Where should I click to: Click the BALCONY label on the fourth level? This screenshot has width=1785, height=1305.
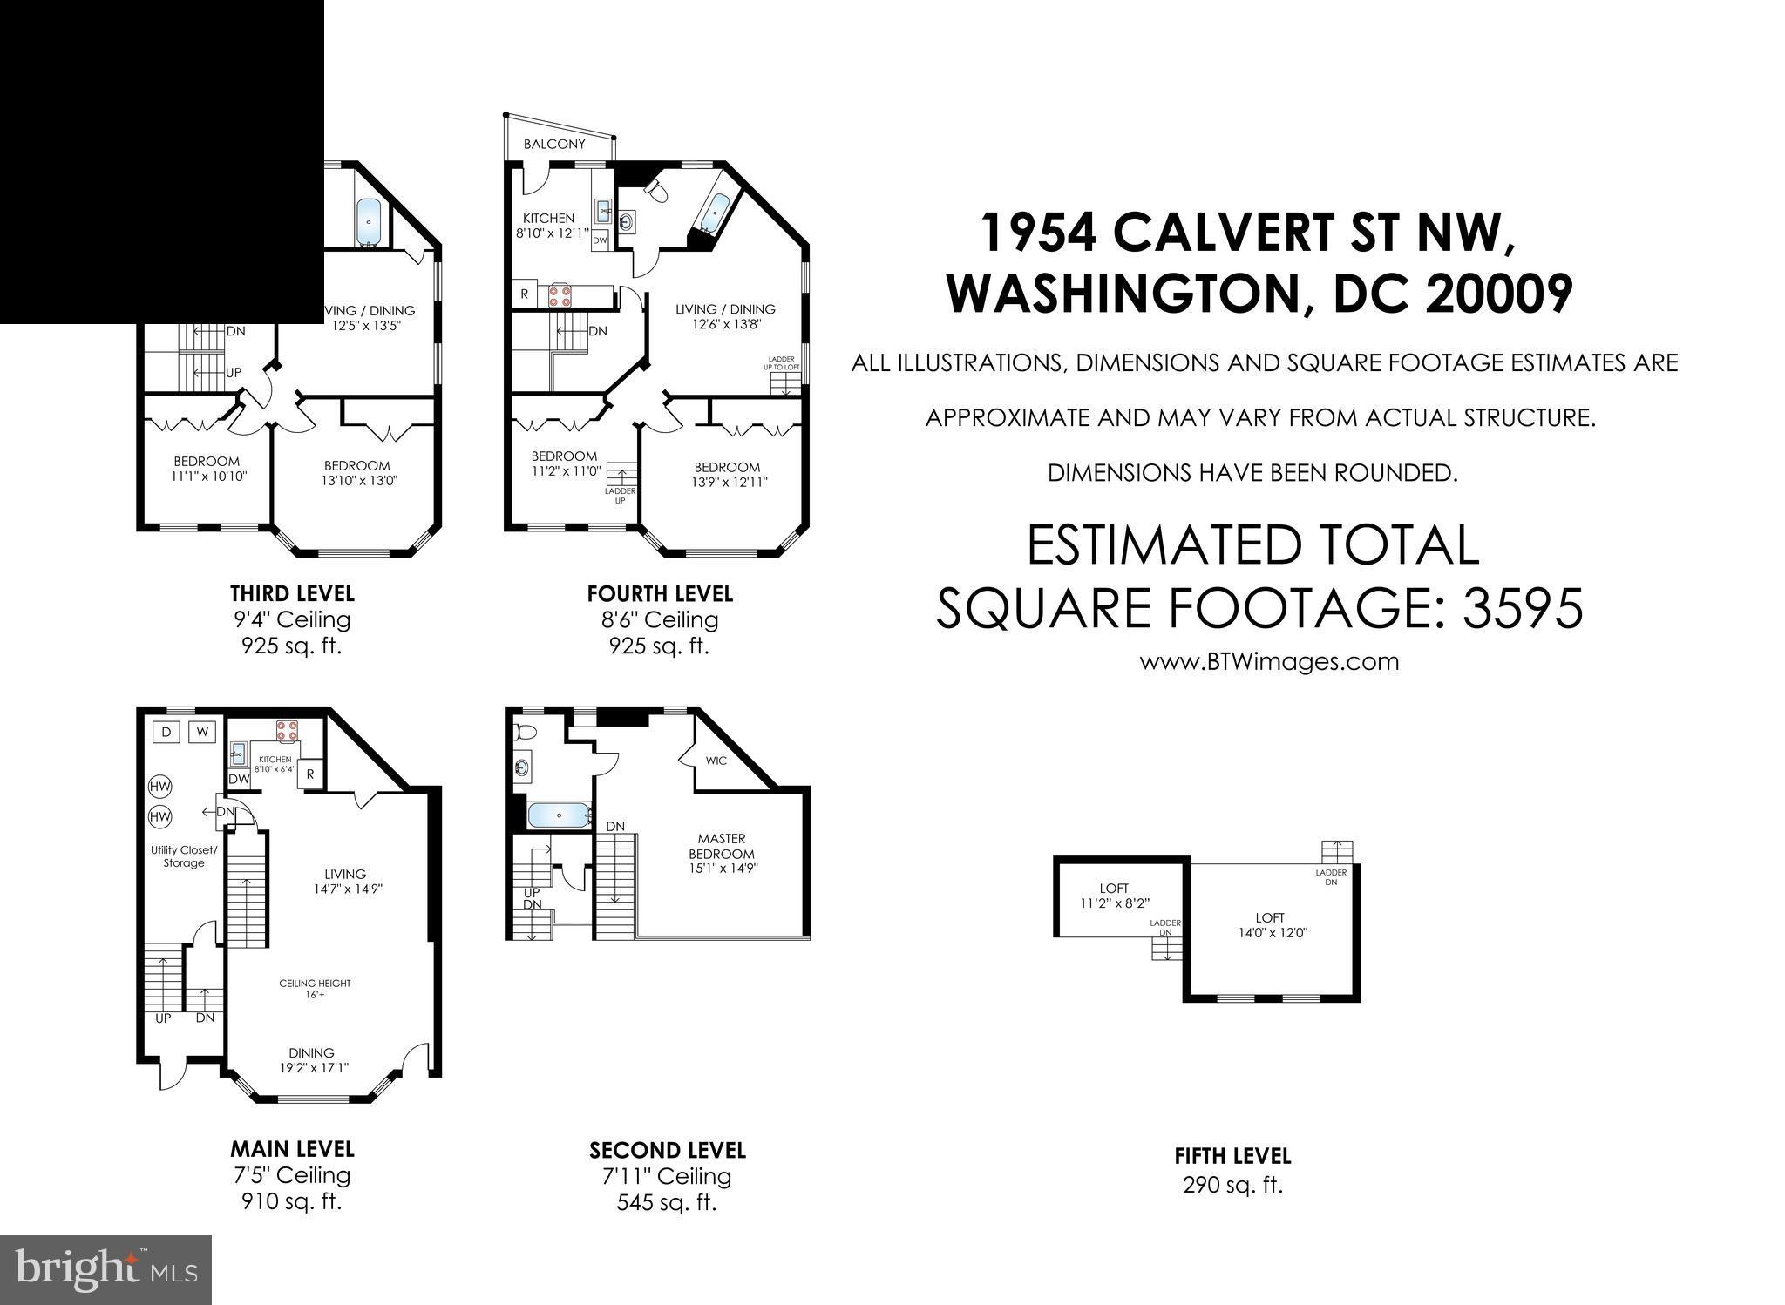point(554,144)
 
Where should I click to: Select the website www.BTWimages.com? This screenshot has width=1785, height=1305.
point(1269,661)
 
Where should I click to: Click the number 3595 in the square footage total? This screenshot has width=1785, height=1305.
point(1523,607)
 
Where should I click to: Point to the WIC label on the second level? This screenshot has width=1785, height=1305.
point(716,761)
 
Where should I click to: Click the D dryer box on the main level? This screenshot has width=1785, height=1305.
point(166,732)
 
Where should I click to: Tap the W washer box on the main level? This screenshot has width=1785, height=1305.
point(202,732)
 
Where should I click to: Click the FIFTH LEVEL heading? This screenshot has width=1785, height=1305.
point(1232,1156)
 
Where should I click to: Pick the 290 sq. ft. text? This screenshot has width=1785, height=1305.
point(1232,1185)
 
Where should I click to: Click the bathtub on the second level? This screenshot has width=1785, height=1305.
point(559,815)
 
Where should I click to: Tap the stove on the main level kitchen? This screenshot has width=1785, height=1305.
point(287,730)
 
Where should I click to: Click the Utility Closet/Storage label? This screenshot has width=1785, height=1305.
point(183,856)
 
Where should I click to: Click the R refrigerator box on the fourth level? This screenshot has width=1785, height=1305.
point(524,294)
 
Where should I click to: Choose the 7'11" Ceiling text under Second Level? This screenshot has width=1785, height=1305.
point(667,1176)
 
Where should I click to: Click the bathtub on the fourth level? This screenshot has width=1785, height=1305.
point(716,211)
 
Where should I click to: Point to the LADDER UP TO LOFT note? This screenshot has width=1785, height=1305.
point(783,362)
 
